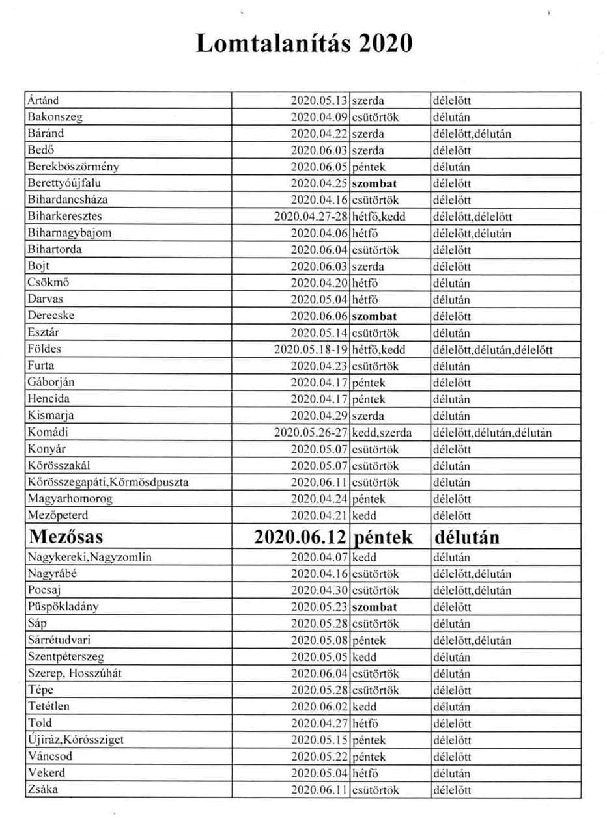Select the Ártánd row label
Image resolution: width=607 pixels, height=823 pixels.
(x=43, y=101)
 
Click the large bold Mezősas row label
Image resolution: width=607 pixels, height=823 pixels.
(x=66, y=537)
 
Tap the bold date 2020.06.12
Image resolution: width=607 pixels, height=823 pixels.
(x=301, y=537)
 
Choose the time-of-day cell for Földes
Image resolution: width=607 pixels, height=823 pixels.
(x=492, y=349)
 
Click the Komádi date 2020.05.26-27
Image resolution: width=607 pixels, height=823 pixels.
(x=313, y=432)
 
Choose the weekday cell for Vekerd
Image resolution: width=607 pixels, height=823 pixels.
(x=365, y=774)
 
